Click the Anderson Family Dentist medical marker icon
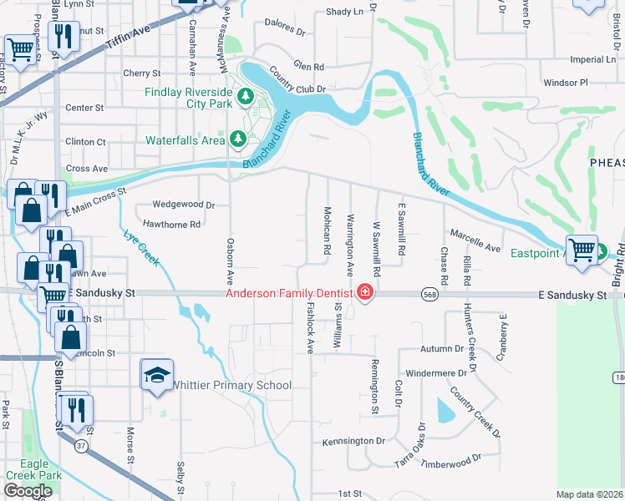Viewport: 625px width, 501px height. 364,292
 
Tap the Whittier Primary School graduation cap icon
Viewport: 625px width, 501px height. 155,377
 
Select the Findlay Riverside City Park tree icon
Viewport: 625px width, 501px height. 246,98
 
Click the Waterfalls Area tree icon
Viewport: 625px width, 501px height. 237,139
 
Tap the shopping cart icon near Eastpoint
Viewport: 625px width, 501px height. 582,249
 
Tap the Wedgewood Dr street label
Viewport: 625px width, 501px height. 185,205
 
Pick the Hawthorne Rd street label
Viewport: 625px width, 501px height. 171,224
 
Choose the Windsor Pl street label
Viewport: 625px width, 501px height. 566,83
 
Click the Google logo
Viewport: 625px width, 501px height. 27,491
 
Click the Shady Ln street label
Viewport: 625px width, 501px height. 345,11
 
